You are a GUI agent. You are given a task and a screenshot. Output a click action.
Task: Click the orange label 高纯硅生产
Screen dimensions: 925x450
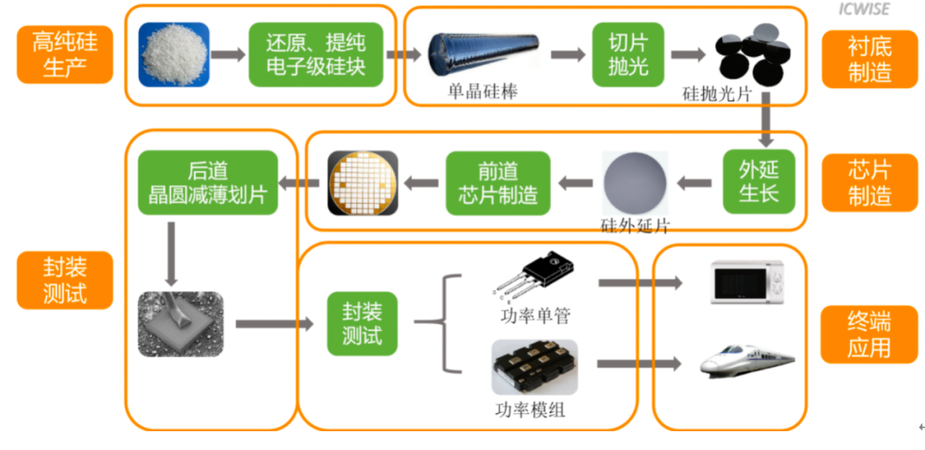65,54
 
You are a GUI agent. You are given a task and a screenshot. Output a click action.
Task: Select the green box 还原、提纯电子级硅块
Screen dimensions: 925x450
315,54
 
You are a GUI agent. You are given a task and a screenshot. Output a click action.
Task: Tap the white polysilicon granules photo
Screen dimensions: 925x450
174,54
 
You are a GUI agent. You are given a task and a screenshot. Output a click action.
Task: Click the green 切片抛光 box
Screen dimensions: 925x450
629,54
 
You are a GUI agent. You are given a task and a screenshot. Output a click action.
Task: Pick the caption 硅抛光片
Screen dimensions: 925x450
717,94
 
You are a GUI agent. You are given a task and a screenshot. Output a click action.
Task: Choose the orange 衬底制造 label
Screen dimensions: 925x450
869,59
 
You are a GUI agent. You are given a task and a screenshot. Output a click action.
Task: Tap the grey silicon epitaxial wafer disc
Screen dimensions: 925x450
635,183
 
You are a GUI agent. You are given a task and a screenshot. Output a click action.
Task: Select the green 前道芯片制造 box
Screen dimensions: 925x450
498,183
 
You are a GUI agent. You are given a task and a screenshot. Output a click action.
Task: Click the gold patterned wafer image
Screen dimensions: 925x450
363,183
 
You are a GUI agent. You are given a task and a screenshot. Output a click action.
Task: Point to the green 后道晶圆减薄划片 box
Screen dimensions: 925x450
207,183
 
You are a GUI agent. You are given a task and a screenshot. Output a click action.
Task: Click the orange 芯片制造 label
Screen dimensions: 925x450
869,183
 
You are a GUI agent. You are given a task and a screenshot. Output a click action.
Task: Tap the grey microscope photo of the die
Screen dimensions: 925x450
181,324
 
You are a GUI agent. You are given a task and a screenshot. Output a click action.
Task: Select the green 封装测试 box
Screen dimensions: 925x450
362,324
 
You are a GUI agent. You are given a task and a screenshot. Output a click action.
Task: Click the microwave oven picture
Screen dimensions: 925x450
748,282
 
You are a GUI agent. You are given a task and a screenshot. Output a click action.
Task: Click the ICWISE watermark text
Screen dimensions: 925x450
863,9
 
